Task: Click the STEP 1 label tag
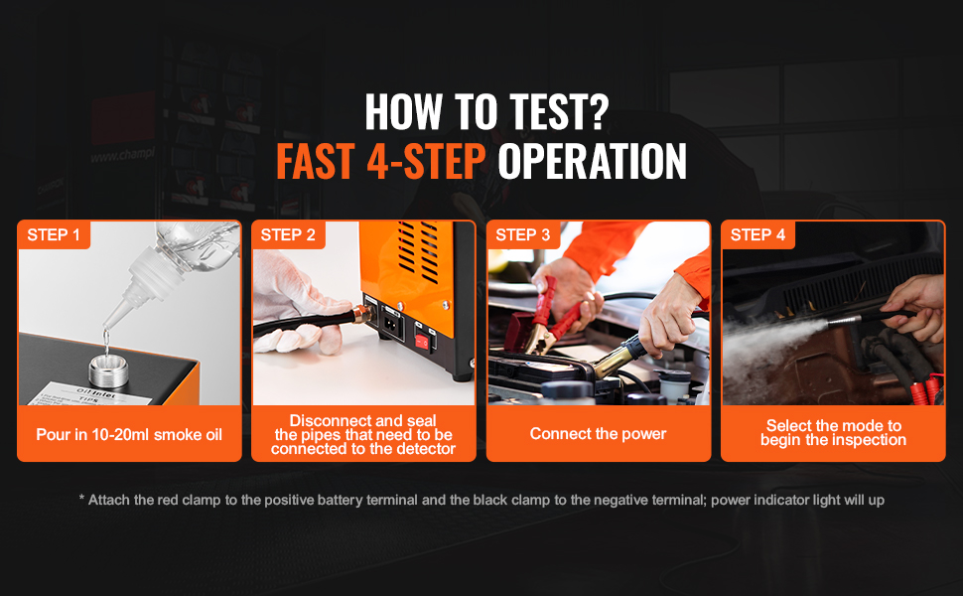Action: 54,234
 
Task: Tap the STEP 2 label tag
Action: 288,234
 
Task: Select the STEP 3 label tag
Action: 523,234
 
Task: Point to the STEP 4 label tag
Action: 757,234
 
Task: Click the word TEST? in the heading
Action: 560,112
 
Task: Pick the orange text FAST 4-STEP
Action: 381,162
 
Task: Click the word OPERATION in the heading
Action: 592,162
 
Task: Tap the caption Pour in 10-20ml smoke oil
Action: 129,435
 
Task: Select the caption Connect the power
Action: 599,434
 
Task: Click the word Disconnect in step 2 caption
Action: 329,421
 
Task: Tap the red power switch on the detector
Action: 422,342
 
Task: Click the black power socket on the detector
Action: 392,324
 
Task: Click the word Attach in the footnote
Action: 108,501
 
